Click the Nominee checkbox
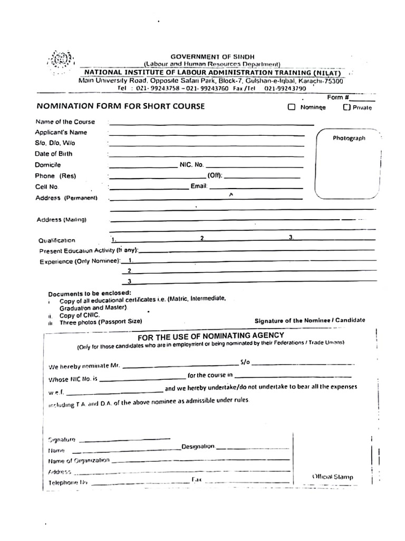tap(292, 107)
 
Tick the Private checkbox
tap(346, 107)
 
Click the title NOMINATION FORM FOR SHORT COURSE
tap(120, 106)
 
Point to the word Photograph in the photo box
tap(349, 138)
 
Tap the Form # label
tap(338, 98)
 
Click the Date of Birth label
tap(54, 154)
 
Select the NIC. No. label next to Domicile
tap(191, 165)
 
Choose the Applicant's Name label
tap(61, 133)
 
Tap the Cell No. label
tap(47, 187)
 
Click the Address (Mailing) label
tap(61, 219)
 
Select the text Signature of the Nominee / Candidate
tap(309, 320)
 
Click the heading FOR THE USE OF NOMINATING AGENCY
tap(211, 335)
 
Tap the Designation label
tap(198, 446)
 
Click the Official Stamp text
tap(333, 477)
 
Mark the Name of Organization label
tap(79, 460)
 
